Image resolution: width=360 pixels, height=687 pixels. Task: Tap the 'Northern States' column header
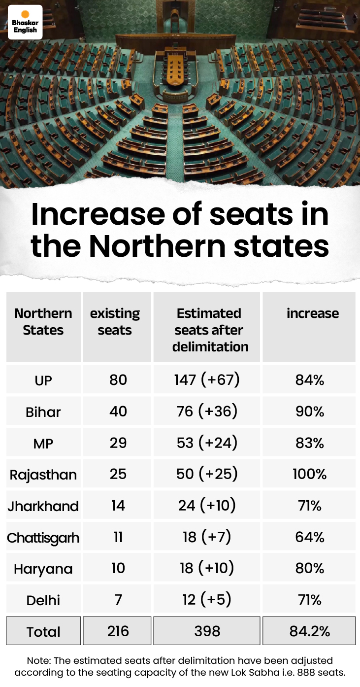pos(43,322)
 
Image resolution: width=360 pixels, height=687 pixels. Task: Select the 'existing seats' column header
pos(115,322)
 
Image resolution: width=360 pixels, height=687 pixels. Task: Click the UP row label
pos(43,380)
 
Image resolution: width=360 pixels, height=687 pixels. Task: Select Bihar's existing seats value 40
pos(118,411)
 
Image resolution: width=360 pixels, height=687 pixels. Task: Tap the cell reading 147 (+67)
pos(207,380)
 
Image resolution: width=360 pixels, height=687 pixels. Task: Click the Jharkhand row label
pos(43,506)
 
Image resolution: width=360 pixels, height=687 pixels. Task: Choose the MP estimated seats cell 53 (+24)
pos(207,443)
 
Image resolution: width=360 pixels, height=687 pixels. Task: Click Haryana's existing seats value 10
pos(118,568)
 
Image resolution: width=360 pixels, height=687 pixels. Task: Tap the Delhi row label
pos(43,600)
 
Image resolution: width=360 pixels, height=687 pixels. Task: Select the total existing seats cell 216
pos(118,631)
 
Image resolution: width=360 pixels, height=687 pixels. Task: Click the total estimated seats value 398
pos(207,631)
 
